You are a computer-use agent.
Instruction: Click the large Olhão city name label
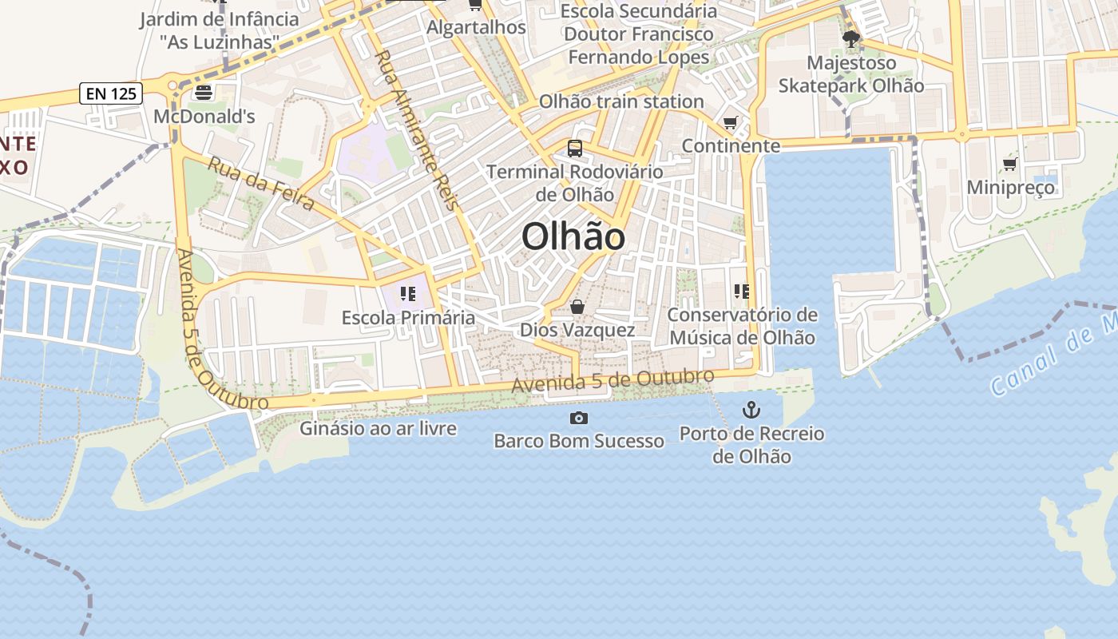pyautogui.click(x=573, y=237)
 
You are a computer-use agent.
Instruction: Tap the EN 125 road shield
pyautogui.click(x=111, y=93)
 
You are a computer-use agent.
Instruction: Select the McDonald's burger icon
pyautogui.click(x=203, y=92)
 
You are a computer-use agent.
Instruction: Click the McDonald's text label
pyautogui.click(x=204, y=117)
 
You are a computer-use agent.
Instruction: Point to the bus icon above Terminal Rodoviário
pyautogui.click(x=574, y=148)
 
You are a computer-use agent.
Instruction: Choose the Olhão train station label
pyautogui.click(x=621, y=101)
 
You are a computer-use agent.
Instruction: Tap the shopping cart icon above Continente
pyautogui.click(x=730, y=122)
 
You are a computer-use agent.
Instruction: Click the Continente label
pyautogui.click(x=731, y=145)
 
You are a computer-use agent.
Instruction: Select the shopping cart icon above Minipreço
pyautogui.click(x=1009, y=164)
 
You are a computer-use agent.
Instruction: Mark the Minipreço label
pyautogui.click(x=1010, y=188)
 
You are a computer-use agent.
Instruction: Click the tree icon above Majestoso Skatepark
pyautogui.click(x=850, y=38)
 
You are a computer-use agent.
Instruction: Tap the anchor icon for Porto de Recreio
pyautogui.click(x=751, y=410)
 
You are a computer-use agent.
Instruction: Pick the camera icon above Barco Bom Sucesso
pyautogui.click(x=578, y=418)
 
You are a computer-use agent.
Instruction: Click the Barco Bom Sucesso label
pyautogui.click(x=578, y=441)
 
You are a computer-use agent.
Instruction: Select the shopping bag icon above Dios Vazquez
pyautogui.click(x=577, y=307)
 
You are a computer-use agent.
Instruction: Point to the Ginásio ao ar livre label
pyautogui.click(x=378, y=428)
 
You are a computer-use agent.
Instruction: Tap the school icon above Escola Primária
pyautogui.click(x=408, y=294)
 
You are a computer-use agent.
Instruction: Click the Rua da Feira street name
pyautogui.click(x=260, y=183)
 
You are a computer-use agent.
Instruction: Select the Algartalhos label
pyautogui.click(x=476, y=27)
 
